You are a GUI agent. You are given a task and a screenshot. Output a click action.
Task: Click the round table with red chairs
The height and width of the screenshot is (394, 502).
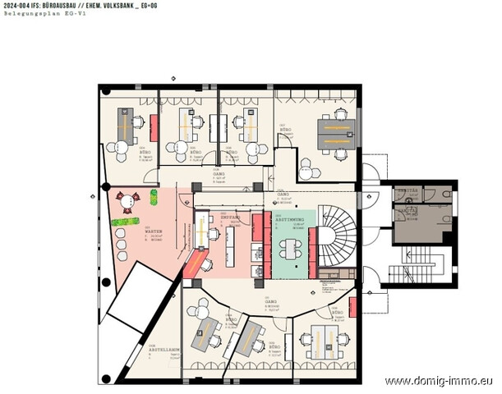[x=127, y=200]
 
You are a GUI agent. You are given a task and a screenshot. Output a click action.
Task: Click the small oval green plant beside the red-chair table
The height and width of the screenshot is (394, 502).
[x=153, y=197]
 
